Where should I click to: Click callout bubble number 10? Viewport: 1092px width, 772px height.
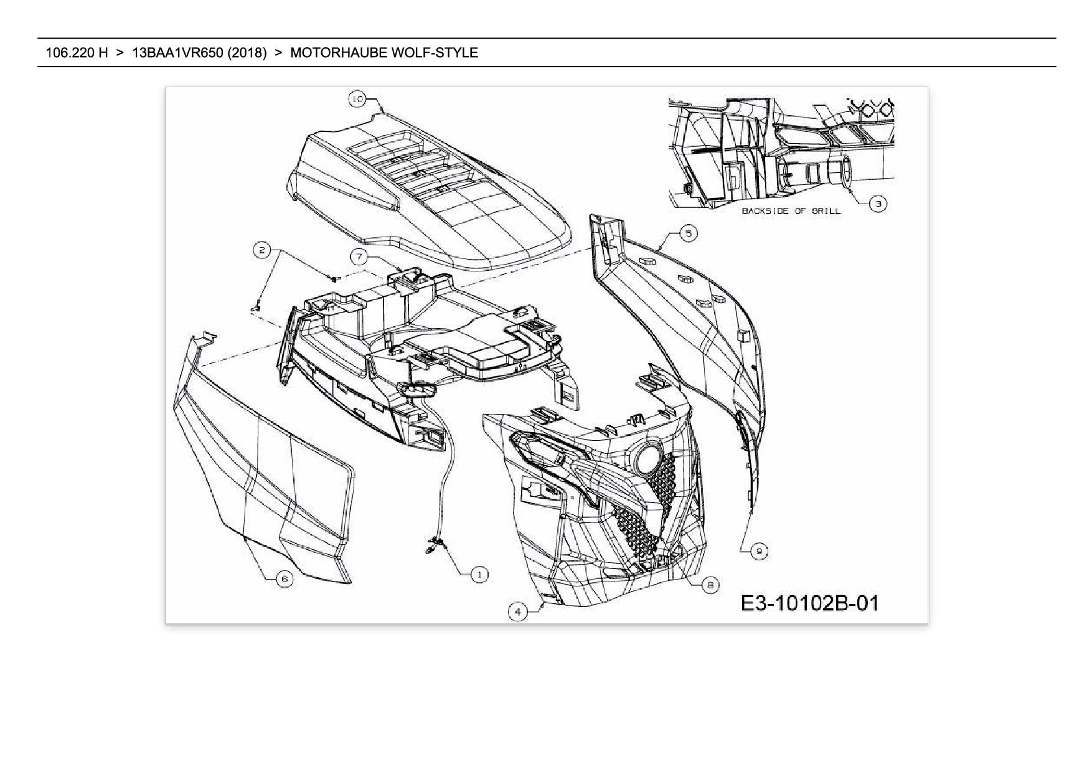(x=357, y=99)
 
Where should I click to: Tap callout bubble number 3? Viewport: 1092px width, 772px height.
(x=878, y=204)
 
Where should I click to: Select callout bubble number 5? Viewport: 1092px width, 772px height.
(x=688, y=233)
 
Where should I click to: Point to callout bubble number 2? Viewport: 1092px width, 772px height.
(x=262, y=250)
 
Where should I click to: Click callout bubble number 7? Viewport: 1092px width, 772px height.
(x=359, y=256)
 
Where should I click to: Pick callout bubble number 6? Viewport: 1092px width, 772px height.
(x=285, y=579)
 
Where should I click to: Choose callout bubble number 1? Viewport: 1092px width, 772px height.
(x=479, y=575)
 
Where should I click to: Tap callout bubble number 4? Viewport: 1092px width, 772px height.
(x=518, y=611)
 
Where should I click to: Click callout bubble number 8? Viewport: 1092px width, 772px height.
(x=710, y=585)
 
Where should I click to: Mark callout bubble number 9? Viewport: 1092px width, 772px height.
(x=758, y=551)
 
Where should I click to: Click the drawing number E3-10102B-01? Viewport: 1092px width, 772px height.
(x=809, y=603)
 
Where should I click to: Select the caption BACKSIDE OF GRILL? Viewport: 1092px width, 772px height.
(x=791, y=211)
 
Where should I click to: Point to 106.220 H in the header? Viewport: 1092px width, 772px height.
(x=77, y=53)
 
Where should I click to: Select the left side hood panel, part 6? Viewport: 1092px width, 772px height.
(x=261, y=473)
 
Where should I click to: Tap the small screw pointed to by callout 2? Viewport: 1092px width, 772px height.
(x=334, y=278)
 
